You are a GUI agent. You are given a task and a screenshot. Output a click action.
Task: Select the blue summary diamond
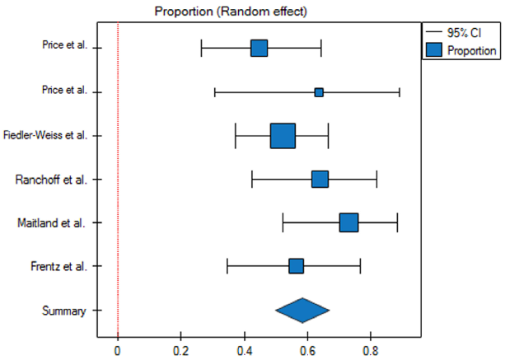pos(302,310)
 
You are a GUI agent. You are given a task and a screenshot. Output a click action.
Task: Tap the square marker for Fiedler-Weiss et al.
pos(283,136)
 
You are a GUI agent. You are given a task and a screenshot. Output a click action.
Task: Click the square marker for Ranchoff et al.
pos(320,180)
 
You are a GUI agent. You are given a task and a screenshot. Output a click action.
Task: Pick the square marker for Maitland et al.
pos(348,222)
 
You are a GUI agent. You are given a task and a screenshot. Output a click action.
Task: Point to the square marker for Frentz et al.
pos(296,266)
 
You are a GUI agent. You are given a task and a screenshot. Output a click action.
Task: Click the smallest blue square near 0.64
pos(319,92)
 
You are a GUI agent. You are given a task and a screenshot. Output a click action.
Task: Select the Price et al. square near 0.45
pos(259,49)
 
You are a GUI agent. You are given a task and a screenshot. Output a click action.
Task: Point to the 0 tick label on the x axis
pos(118,349)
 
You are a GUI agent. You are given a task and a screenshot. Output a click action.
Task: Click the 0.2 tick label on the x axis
pos(180,349)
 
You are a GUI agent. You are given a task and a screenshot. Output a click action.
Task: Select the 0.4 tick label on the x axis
pos(244,349)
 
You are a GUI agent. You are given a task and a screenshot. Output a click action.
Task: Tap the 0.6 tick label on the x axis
pos(307,349)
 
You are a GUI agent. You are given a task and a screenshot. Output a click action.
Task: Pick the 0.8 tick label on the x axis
pos(371,349)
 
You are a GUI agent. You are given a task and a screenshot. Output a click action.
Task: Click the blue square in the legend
pos(435,49)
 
